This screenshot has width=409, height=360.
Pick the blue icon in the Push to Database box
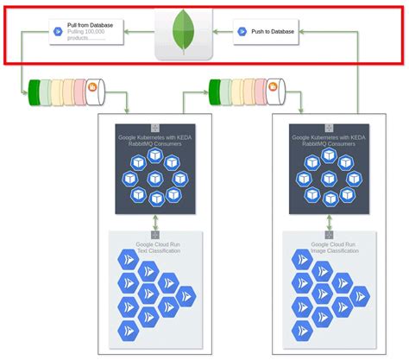point(242,32)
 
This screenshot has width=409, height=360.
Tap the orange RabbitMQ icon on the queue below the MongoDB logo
point(273,87)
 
